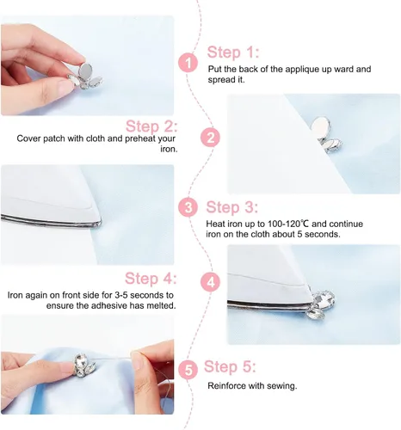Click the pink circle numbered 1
(188, 63)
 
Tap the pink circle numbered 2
(210, 138)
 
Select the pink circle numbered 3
(188, 207)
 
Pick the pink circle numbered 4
(210, 282)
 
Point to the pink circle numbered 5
(188, 370)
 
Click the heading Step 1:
(233, 52)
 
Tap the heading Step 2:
(151, 126)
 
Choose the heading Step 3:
(232, 207)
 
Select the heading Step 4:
(151, 278)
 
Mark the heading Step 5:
(230, 366)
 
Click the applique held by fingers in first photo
(85, 77)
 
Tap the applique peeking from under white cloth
(326, 135)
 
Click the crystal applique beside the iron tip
(322, 304)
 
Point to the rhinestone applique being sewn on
(84, 365)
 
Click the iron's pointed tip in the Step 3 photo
(100, 222)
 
